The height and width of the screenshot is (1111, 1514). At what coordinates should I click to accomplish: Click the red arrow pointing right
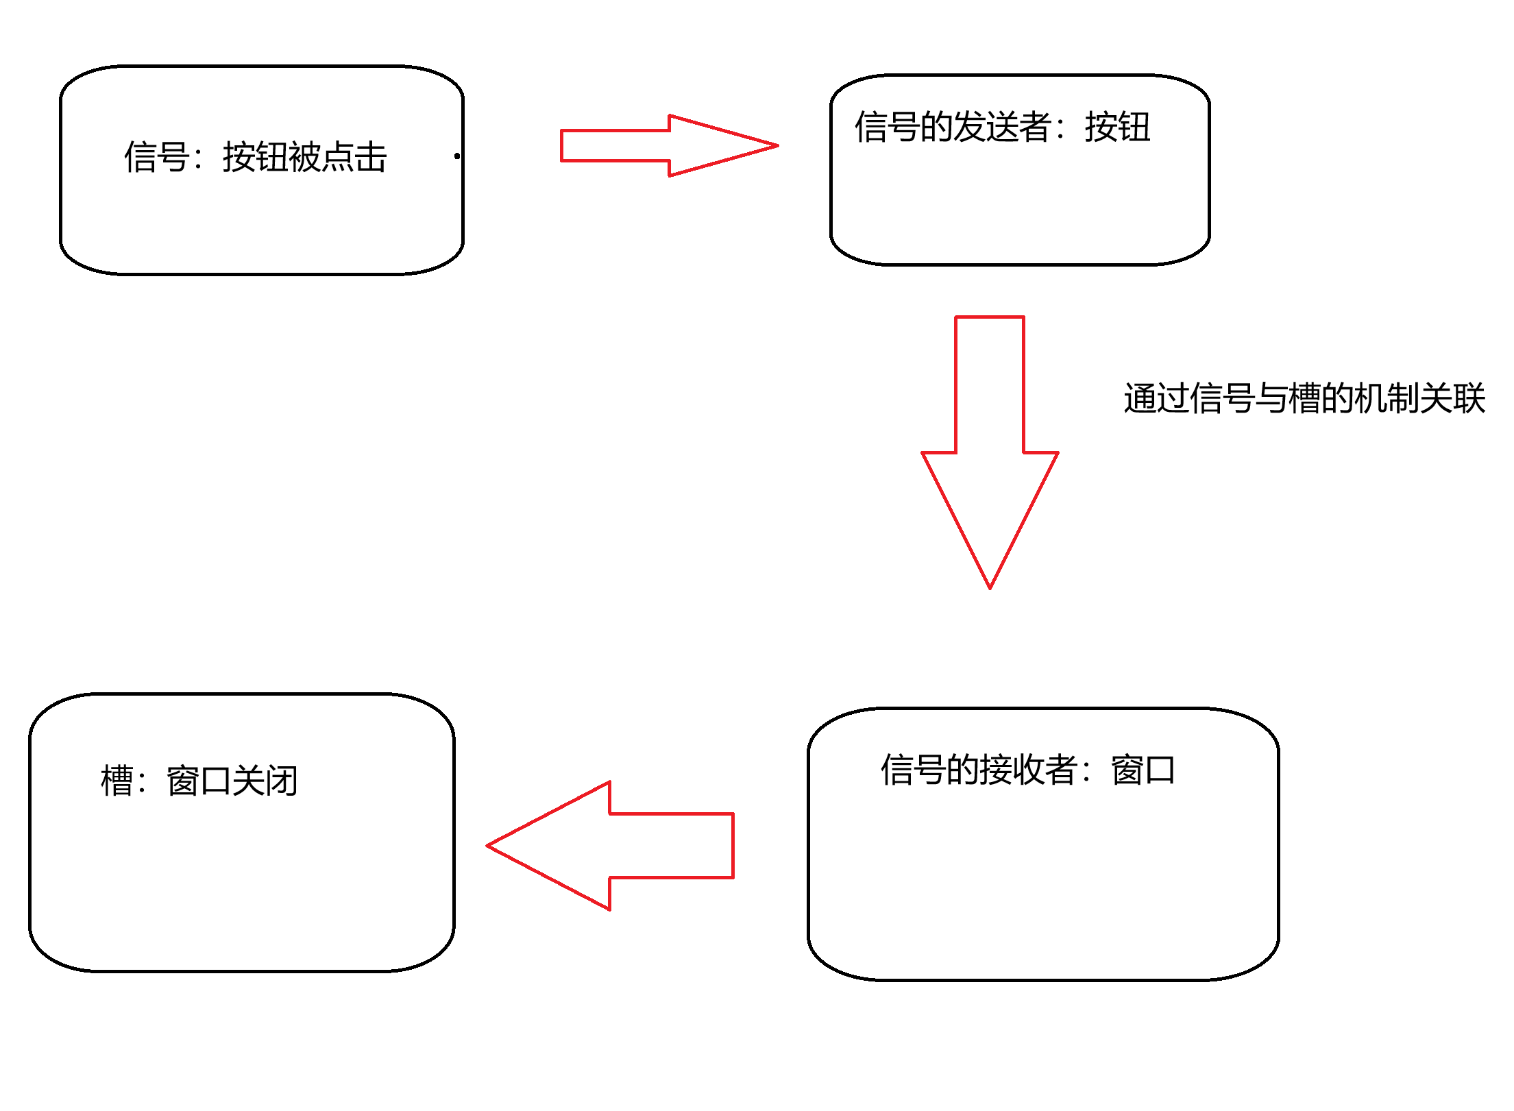click(x=658, y=145)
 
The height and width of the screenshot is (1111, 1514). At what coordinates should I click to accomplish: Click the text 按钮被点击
click(x=305, y=157)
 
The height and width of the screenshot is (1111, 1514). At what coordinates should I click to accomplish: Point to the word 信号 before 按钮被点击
click(x=157, y=157)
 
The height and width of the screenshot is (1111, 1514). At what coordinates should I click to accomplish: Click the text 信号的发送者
click(x=953, y=127)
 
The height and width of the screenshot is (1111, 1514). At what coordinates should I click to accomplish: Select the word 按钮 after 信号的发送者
click(x=1118, y=127)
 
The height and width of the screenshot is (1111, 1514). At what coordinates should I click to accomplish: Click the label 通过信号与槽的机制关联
click(x=1304, y=398)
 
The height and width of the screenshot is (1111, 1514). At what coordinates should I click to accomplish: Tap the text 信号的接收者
click(x=979, y=769)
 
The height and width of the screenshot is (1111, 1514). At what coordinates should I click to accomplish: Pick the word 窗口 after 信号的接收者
click(x=1143, y=769)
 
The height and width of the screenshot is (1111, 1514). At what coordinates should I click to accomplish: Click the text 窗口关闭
click(x=232, y=781)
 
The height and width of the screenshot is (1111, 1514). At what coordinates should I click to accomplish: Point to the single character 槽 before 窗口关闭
click(x=117, y=781)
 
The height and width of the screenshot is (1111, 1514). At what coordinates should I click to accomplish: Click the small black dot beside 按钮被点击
click(x=457, y=156)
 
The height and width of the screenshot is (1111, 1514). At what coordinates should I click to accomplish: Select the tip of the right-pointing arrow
click(x=776, y=145)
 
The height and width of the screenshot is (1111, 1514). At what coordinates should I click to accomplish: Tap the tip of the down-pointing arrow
click(x=990, y=587)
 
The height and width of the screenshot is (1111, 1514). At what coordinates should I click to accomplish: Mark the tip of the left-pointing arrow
click(x=489, y=846)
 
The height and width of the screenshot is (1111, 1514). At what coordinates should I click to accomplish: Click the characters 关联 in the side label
click(x=1452, y=398)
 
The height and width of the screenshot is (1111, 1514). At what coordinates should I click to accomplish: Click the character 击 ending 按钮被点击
click(x=371, y=157)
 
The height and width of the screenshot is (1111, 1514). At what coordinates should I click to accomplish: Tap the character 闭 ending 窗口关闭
click(x=282, y=781)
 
